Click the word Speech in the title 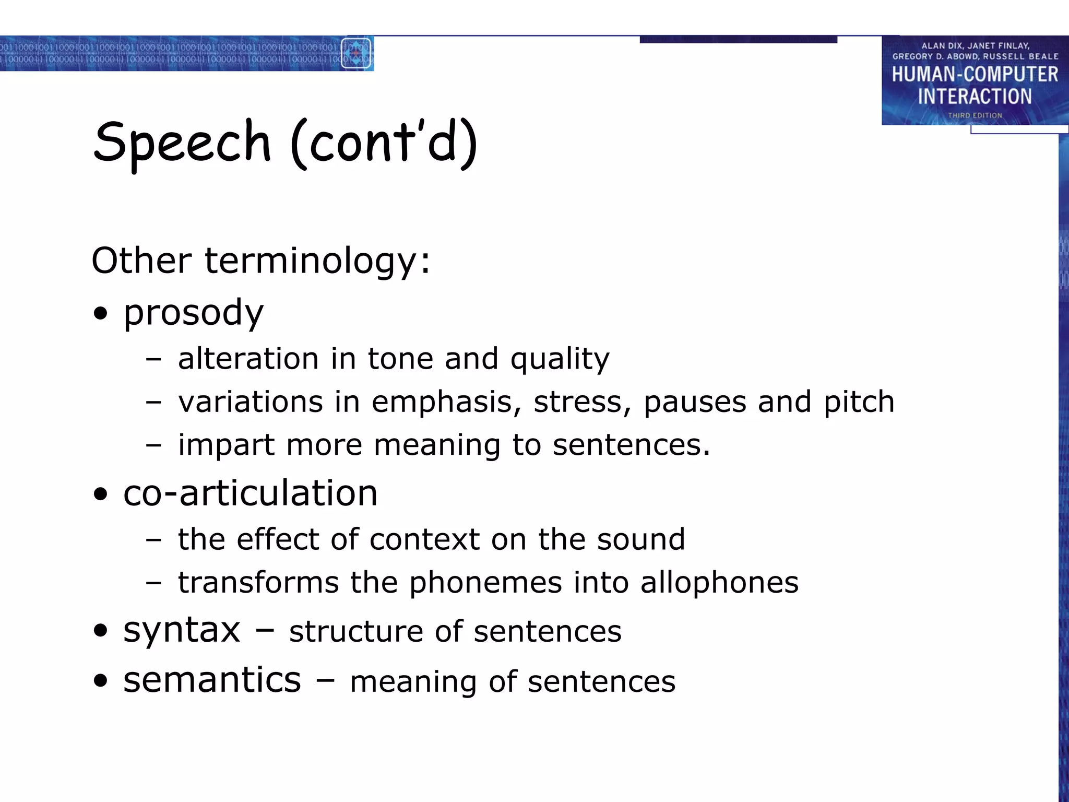point(182,142)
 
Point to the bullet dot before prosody point(100,314)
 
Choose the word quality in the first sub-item point(560,359)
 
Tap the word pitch point(859,403)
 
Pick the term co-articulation point(250,493)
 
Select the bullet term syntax point(182,630)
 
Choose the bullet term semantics point(212,680)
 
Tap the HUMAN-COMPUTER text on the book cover point(975,74)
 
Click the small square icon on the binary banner point(357,53)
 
